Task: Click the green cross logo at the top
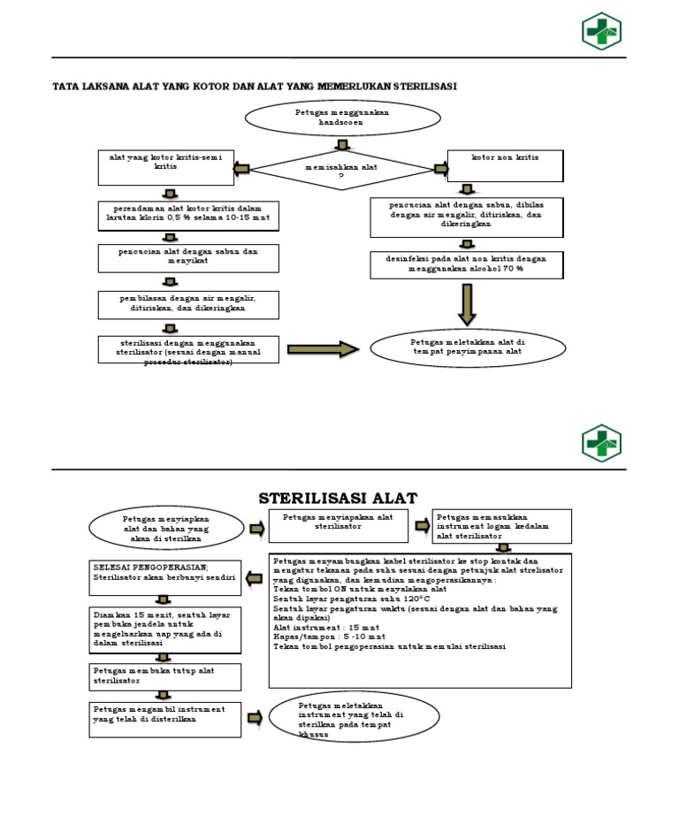pyautogui.click(x=601, y=31)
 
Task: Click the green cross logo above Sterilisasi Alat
pyautogui.click(x=601, y=443)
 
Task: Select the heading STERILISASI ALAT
pyautogui.click(x=338, y=498)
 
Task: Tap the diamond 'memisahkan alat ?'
pyautogui.click(x=341, y=169)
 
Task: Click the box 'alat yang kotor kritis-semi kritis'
pyautogui.click(x=165, y=167)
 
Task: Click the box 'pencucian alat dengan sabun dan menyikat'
pyautogui.click(x=188, y=257)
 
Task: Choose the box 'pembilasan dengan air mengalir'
pyautogui.click(x=188, y=304)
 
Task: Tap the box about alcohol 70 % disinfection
pyautogui.click(x=466, y=264)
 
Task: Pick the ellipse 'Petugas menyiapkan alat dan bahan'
pyautogui.click(x=166, y=529)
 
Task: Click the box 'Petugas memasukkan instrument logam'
pyautogui.click(x=501, y=526)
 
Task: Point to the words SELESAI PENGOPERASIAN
pyautogui.click(x=150, y=565)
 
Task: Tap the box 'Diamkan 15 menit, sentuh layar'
pyautogui.click(x=166, y=629)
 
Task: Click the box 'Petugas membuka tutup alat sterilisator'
pyautogui.click(x=166, y=676)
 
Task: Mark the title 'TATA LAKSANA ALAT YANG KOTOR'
pyautogui.click(x=256, y=86)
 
